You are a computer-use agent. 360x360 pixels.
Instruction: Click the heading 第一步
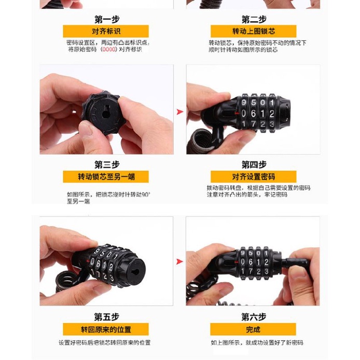pos(106,20)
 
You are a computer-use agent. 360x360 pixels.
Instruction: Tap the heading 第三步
pos(106,165)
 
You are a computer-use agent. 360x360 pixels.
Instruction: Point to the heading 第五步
pos(106,316)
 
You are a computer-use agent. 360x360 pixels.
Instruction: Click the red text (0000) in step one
pos(108,50)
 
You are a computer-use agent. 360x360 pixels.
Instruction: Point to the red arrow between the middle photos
pos(180,112)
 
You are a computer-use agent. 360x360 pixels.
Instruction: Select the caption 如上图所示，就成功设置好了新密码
pos(257,343)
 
